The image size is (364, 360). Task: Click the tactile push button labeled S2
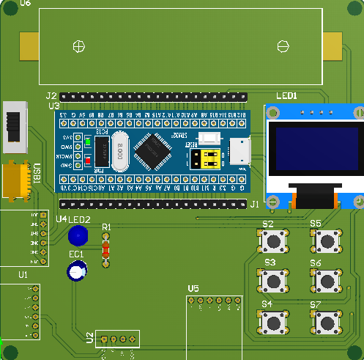tap(275, 240)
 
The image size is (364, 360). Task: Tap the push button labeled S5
tap(327, 240)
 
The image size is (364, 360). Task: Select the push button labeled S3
tap(275, 279)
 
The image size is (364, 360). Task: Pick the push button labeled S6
tap(327, 279)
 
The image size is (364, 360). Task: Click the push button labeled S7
tap(327, 320)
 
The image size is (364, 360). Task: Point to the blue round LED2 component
tap(77, 236)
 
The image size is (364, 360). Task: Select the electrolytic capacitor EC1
tap(76, 271)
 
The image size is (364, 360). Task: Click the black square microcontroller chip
tap(151, 150)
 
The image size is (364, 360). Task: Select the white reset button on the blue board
tap(211, 138)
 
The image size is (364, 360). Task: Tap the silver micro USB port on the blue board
tap(240, 153)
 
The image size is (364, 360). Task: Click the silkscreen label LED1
tap(286, 96)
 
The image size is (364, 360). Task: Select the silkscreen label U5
tap(193, 288)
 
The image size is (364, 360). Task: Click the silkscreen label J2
tap(51, 96)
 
